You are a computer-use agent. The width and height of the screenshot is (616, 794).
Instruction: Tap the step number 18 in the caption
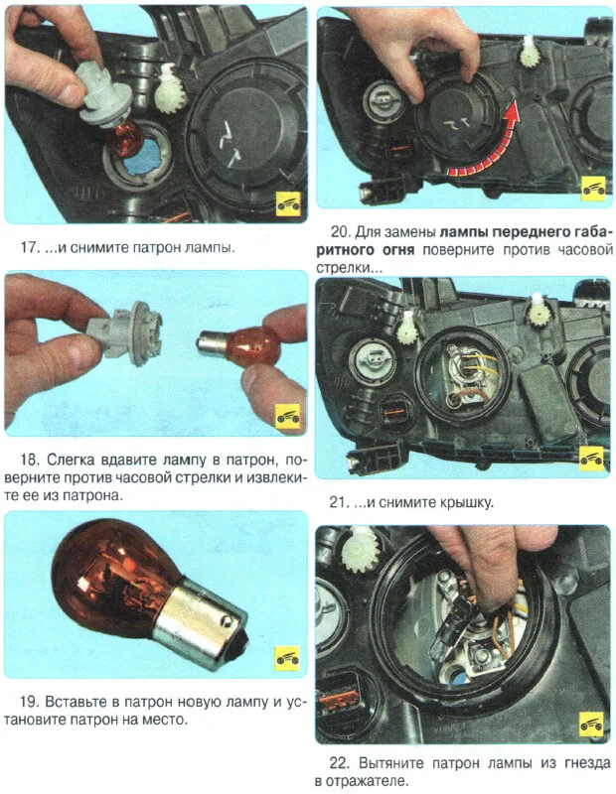click(x=28, y=460)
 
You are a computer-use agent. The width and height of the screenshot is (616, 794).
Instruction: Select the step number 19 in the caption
click(x=28, y=702)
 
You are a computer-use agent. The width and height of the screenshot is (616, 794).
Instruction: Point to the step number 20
click(x=339, y=232)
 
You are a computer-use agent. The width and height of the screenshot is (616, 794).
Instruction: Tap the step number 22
click(x=338, y=762)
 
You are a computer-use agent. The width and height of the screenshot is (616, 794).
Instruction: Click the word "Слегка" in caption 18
click(x=71, y=461)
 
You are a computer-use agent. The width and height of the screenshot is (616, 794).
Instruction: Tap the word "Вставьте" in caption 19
click(x=76, y=703)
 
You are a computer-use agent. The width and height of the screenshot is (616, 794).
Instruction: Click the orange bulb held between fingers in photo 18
click(x=238, y=345)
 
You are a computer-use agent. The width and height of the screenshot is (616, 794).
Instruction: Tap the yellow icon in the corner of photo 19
click(x=287, y=658)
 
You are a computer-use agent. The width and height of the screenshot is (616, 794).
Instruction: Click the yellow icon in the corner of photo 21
click(x=592, y=459)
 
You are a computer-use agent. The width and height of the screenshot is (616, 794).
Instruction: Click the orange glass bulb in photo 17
click(x=122, y=138)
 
